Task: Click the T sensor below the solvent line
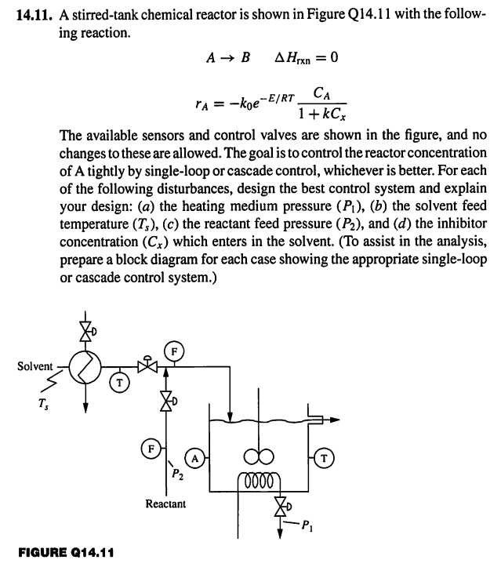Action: [x=119, y=384]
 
